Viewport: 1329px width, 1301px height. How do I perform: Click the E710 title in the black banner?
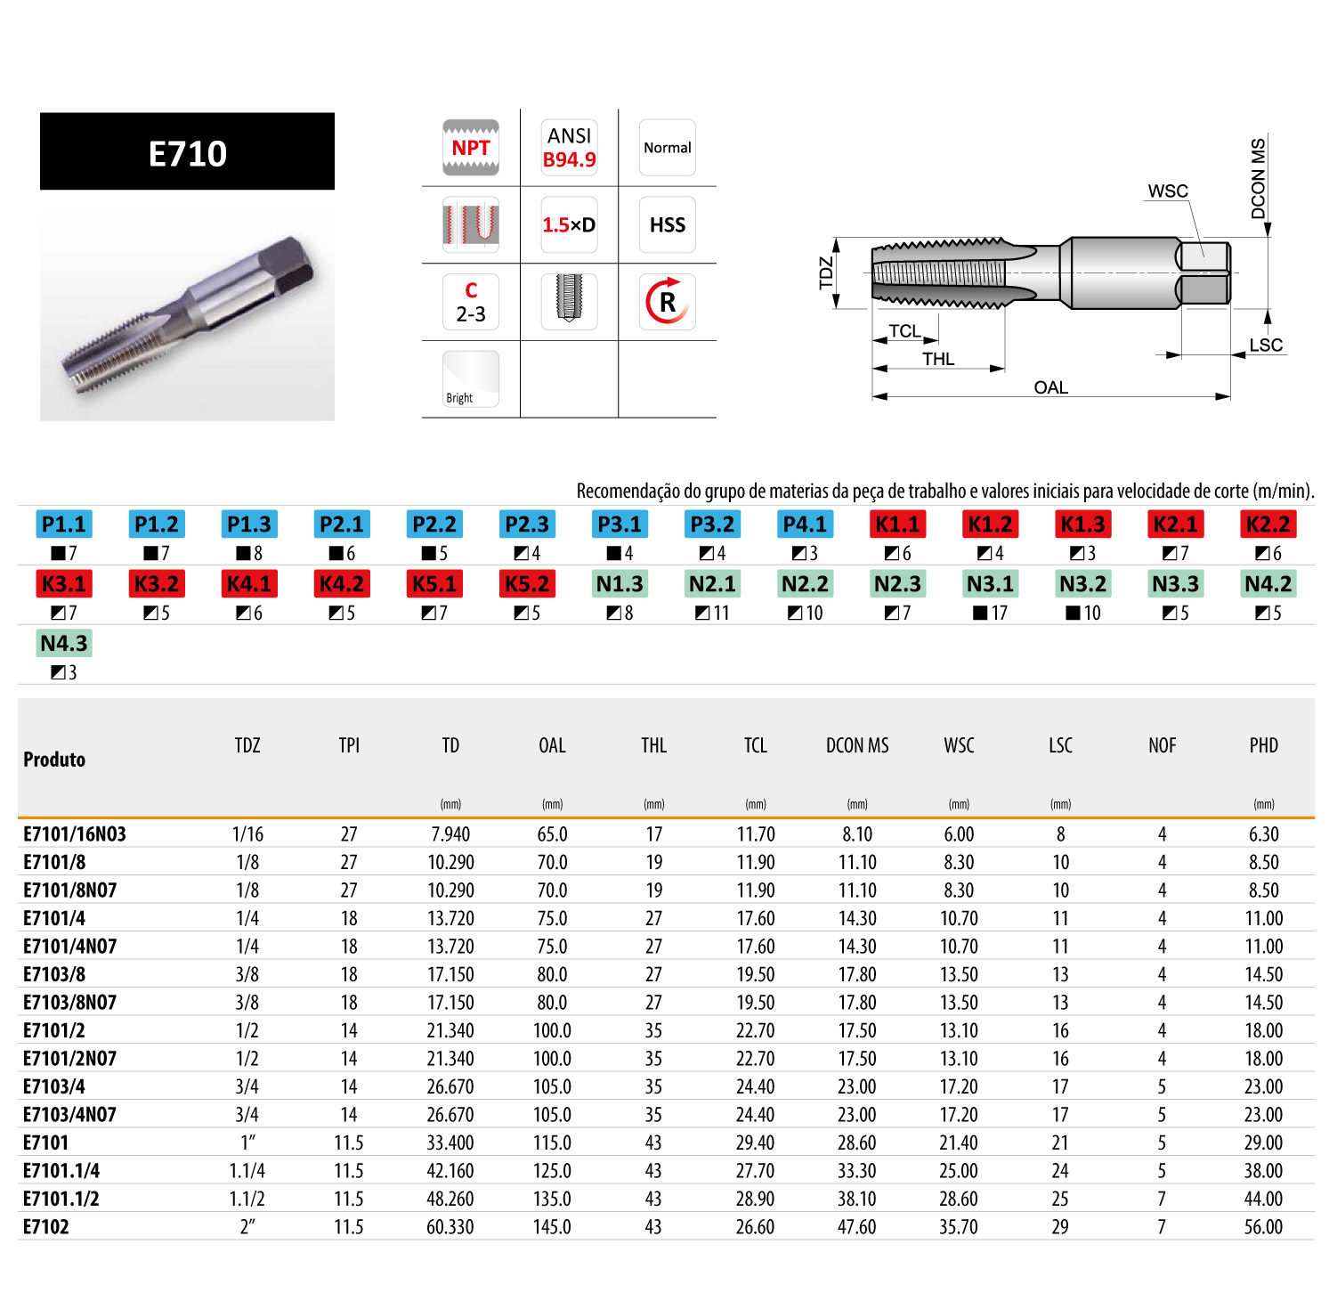(x=188, y=153)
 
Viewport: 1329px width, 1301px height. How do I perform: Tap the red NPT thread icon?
(x=471, y=148)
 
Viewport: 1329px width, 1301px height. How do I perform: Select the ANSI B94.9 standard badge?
(x=570, y=148)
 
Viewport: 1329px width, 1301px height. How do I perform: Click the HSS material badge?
(x=668, y=224)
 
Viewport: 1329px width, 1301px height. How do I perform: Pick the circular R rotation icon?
(x=668, y=302)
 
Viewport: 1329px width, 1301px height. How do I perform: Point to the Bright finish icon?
(x=471, y=379)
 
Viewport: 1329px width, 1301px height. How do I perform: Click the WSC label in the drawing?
(x=1168, y=191)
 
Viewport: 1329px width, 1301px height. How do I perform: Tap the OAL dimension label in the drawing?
(x=1050, y=387)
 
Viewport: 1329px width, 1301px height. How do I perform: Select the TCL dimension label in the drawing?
(x=904, y=331)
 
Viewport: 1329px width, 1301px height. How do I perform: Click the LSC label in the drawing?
(x=1266, y=346)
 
